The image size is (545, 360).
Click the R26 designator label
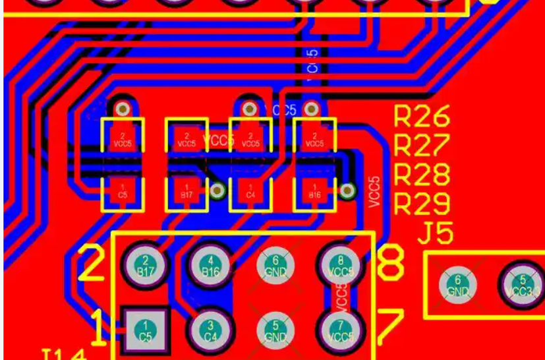pyautogui.click(x=422, y=117)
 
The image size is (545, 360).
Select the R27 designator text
pyautogui.click(x=422, y=144)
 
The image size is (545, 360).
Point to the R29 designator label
pyautogui.click(x=422, y=204)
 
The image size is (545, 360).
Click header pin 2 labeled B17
pyautogui.click(x=146, y=266)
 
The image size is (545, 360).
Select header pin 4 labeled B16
pyautogui.click(x=210, y=266)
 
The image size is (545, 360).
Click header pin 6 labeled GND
pyautogui.click(x=275, y=266)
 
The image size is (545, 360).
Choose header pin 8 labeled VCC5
pyautogui.click(x=339, y=266)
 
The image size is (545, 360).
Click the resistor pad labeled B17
pyautogui.click(x=186, y=192)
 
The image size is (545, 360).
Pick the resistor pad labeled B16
pyautogui.click(x=315, y=192)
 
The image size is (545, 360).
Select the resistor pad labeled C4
pyautogui.click(x=250, y=192)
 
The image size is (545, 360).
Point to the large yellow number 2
pyautogui.click(x=92, y=264)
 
